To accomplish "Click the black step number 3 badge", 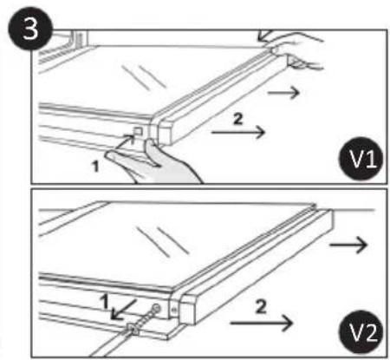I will (18, 27).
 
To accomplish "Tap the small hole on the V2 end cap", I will (177, 310).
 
